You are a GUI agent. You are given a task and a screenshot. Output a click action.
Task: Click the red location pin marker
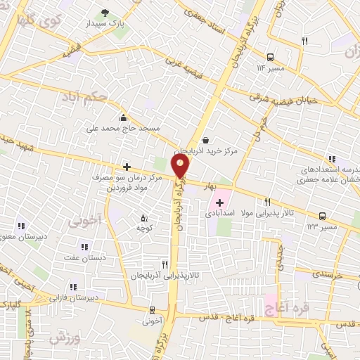coord(181,166)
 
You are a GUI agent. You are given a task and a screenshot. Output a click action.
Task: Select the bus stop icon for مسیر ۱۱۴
coord(271,57)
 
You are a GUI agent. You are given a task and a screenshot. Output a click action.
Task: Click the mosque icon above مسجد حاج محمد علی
coord(124,117)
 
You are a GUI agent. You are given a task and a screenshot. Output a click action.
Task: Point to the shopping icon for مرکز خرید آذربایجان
coord(205,139)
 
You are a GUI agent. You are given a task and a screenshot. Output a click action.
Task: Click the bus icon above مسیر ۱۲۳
coord(322,216)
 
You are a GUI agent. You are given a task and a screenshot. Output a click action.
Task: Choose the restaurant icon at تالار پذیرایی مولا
coord(268,201)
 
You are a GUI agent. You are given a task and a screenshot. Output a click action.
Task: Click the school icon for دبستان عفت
coord(85,247)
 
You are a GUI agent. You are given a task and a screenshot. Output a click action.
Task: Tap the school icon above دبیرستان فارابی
coord(73,286)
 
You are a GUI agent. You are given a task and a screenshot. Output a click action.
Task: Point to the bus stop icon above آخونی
coord(152,310)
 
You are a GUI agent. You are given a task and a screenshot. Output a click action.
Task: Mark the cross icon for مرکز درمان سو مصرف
coord(127,167)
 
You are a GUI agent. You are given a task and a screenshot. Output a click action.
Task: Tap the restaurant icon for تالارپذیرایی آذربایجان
coord(165,264)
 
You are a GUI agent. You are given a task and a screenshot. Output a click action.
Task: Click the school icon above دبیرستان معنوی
coord(22,226)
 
